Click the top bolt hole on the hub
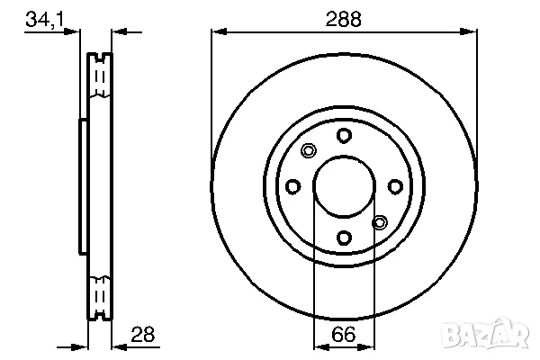(344, 135)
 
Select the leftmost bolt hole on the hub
(292, 186)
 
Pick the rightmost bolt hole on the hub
(395, 186)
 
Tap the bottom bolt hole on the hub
(344, 238)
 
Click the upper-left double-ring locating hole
(309, 150)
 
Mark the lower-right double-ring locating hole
(379, 221)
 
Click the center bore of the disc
(344, 186)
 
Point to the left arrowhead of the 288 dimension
(217, 32)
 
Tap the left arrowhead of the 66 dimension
(319, 346)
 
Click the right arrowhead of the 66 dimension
(369, 346)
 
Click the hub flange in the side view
(84, 186)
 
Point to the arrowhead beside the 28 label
(118, 346)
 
